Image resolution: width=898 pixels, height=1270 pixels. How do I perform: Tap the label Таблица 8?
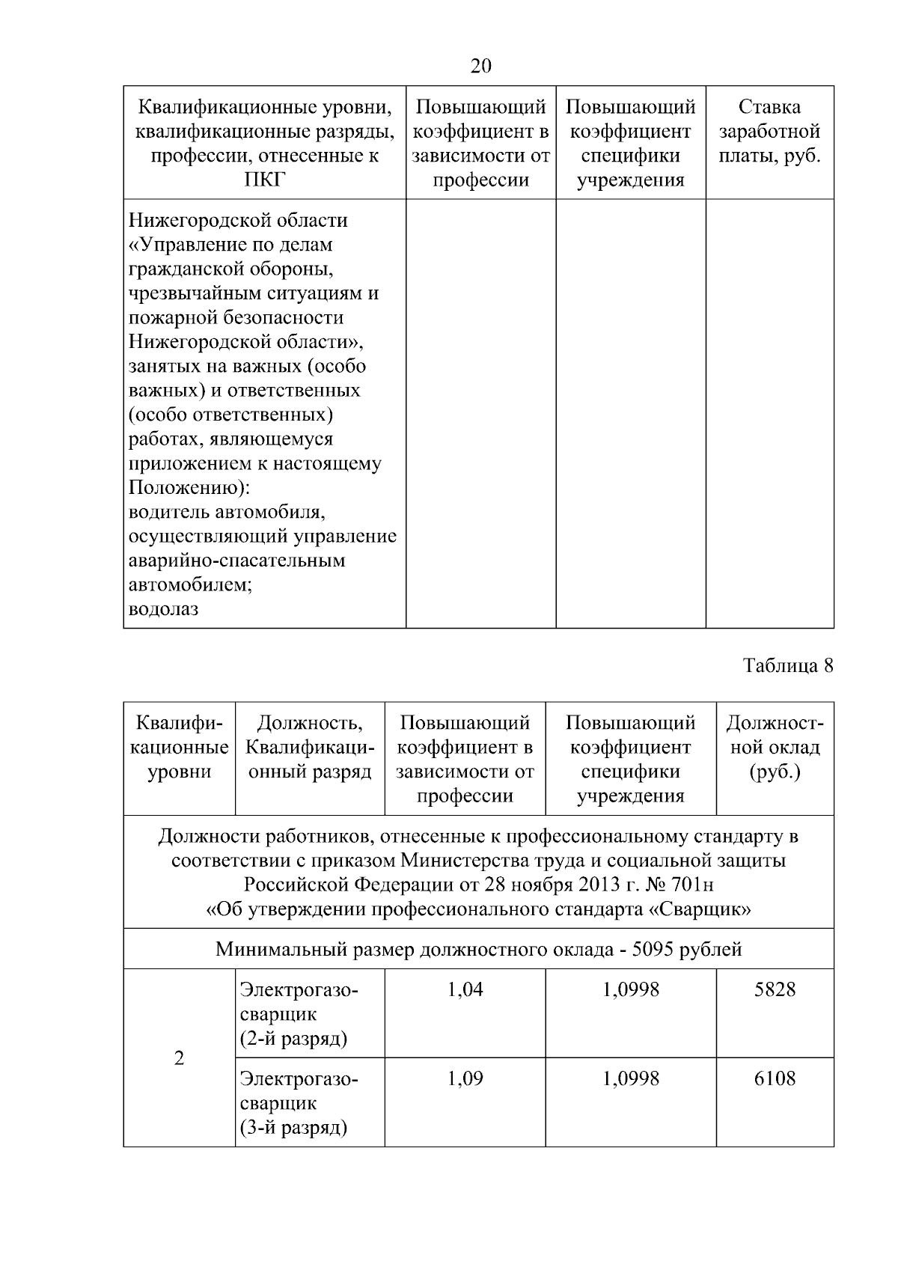point(788,665)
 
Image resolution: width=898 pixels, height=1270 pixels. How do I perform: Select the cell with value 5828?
point(775,990)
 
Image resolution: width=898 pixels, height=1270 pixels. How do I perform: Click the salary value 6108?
point(775,1078)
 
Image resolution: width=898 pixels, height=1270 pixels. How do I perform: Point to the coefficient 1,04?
point(465,990)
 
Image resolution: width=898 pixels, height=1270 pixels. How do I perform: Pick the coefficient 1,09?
point(465,1078)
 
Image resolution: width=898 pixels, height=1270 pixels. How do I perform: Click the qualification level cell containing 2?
point(179,1058)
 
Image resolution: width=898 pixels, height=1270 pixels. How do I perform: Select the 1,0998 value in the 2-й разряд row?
point(631,990)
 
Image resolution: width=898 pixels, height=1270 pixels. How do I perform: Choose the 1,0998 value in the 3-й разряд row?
point(631,1078)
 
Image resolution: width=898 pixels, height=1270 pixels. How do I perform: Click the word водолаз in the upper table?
point(164,609)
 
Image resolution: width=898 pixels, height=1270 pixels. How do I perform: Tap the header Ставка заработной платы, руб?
point(769,132)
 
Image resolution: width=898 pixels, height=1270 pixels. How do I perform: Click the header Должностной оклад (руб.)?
point(775,747)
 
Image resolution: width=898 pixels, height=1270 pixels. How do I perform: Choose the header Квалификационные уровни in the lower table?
point(180,747)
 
